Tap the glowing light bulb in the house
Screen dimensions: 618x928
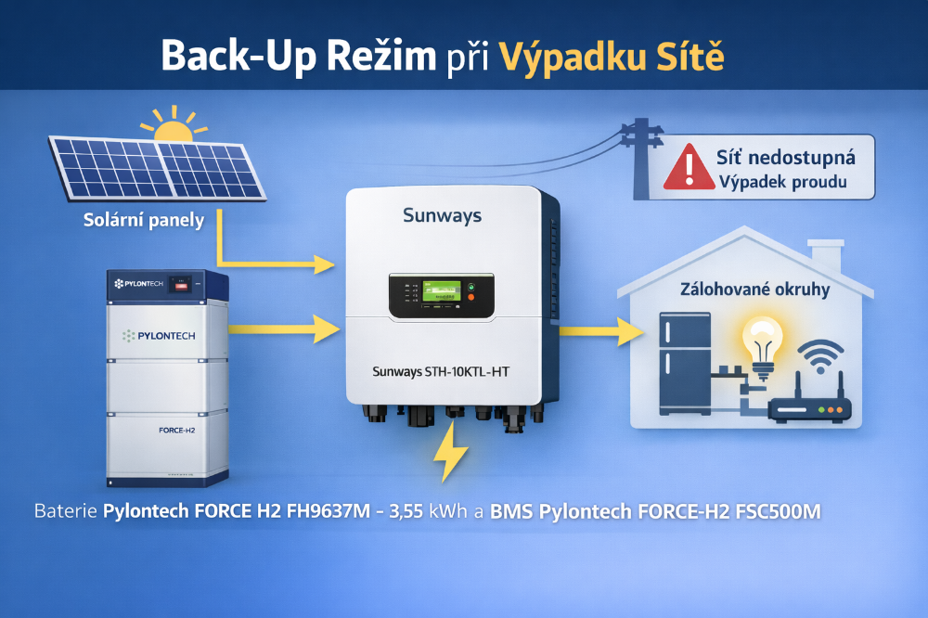click(x=763, y=345)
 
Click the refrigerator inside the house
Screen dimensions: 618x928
click(x=685, y=363)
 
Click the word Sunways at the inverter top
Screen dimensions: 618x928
click(x=442, y=215)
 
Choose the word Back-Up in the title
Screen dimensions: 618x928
click(x=220, y=56)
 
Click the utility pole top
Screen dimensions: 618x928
click(x=640, y=131)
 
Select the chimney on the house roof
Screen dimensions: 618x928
click(x=825, y=251)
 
